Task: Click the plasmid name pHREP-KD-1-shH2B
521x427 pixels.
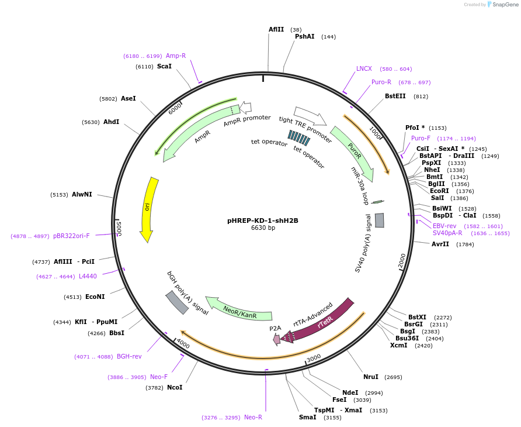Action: (262, 221)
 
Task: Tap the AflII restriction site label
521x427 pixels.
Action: (276, 29)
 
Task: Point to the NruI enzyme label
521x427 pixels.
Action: (371, 377)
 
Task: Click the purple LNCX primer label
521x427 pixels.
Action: (364, 68)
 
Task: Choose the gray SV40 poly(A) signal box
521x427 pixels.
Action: (380, 220)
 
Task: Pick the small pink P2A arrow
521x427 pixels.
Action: (276, 339)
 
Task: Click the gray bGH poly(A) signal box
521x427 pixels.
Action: (177, 302)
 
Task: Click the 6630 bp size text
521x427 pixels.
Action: (262, 228)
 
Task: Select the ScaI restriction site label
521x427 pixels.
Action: (164, 67)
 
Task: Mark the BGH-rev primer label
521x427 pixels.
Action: (129, 356)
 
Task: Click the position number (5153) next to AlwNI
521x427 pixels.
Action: (59, 195)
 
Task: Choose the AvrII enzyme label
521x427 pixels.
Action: (440, 244)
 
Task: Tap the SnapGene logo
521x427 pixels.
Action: (502, 5)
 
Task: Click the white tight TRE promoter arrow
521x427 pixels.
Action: (310, 115)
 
